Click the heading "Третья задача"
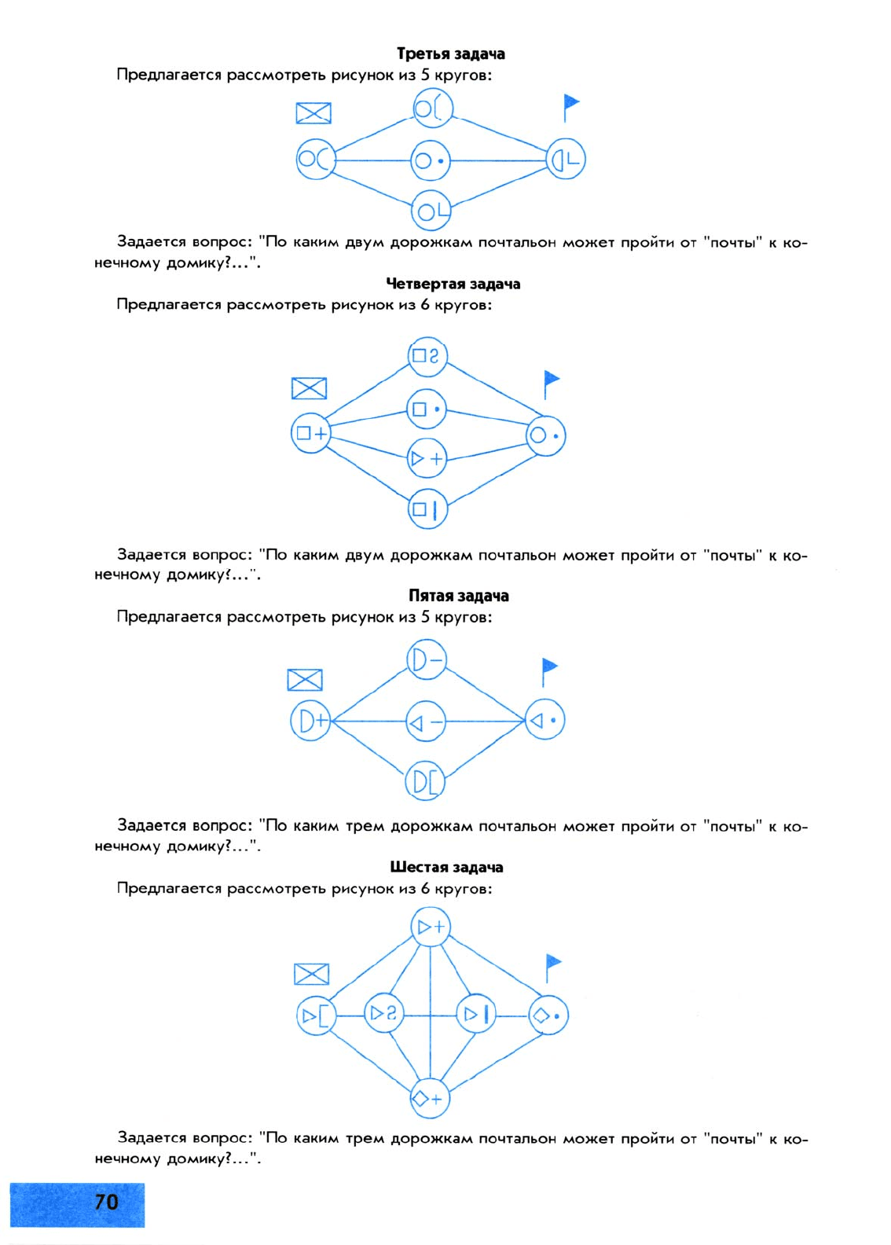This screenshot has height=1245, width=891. pos(450,54)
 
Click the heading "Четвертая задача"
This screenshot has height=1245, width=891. pos(453,284)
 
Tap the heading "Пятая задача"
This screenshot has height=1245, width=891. pos(458,596)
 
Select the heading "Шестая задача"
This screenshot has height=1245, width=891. pos(446,867)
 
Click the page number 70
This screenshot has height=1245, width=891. pos(106,1203)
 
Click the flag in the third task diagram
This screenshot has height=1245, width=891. pos(571,107)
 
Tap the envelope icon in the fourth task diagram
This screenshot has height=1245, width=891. pos(309,388)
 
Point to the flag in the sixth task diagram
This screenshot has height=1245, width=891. pos(553,969)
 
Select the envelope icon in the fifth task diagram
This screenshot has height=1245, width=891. pos(304,680)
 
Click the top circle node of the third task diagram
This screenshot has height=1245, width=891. pos(433,108)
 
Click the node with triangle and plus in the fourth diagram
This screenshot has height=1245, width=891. pos(427,458)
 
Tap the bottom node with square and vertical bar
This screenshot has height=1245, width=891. pos(427,509)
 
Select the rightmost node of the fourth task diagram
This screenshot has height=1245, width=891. pos(545,435)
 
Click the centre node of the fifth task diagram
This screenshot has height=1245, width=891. pos(426,722)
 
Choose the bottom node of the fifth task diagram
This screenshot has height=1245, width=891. pos(425,781)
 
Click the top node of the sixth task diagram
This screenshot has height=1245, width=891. pos(430,927)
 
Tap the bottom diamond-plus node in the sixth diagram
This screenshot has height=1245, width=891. pos(429,1099)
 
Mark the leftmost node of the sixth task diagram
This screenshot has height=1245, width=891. pos(316,1015)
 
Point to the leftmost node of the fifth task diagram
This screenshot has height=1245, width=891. pos(310,721)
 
